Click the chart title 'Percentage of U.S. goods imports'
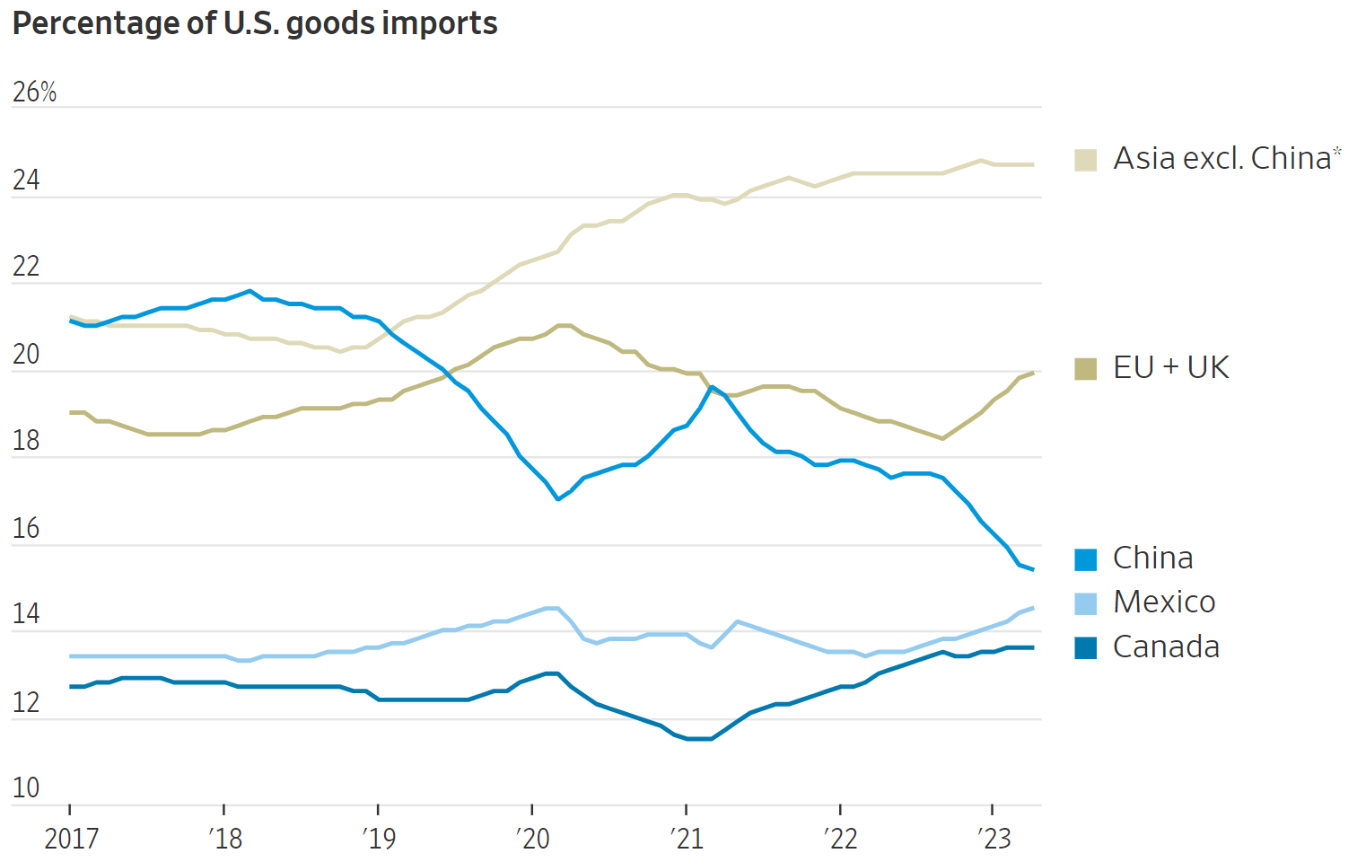coord(255,23)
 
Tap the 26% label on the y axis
coord(34,92)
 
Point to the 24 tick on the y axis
coord(26,180)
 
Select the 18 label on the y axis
coord(26,441)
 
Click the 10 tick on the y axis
coord(26,788)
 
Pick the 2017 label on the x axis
coord(71,839)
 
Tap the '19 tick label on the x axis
coord(379,839)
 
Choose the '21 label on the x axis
coord(687,839)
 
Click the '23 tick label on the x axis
coord(994,839)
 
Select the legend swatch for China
coord(1086,559)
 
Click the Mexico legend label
coord(1164,603)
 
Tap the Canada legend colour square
coord(1086,647)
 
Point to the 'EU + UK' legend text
coord(1170,367)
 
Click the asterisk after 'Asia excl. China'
coord(1337,151)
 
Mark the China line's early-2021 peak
coord(712,387)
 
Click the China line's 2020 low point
coord(558,498)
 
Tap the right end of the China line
coord(1033,569)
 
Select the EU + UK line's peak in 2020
coord(564,325)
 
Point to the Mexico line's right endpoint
coord(1033,608)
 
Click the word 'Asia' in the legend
coord(1144,158)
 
